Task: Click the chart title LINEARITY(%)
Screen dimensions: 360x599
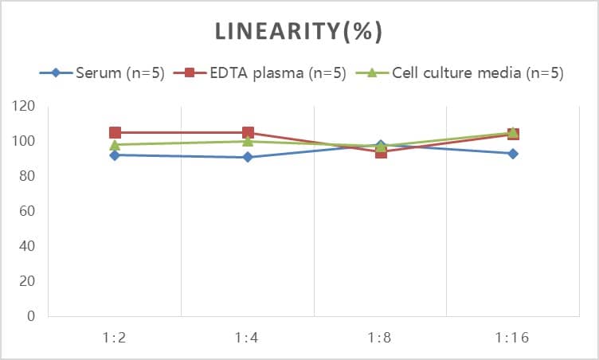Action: pos(299,32)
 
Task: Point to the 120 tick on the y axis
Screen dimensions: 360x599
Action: pos(25,107)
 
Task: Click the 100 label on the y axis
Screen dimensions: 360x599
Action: pos(25,142)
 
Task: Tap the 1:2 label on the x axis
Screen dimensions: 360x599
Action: pos(115,338)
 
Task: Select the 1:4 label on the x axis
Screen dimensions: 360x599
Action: pos(247,338)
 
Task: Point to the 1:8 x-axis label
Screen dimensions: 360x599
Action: pos(380,338)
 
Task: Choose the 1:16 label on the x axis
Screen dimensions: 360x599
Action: pos(512,338)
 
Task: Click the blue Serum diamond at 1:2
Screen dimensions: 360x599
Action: pos(115,155)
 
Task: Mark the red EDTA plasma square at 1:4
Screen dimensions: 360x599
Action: pos(248,133)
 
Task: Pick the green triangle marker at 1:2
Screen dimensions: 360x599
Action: pos(115,145)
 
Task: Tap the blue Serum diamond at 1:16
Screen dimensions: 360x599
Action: pos(513,154)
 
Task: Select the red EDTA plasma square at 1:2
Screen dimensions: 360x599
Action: pos(115,133)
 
